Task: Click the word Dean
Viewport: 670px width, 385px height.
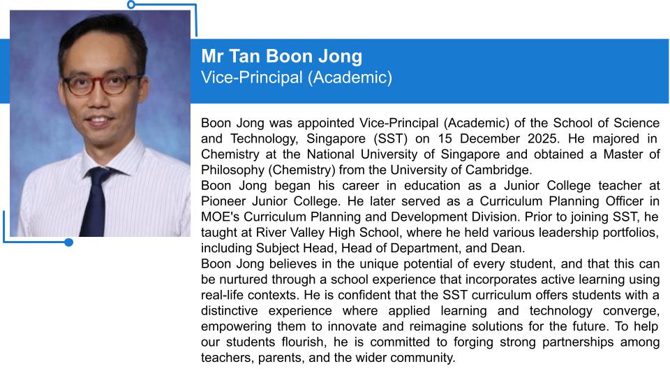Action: pos(508,247)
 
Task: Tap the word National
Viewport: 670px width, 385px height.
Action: pos(327,154)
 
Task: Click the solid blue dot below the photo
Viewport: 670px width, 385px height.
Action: pos(68,242)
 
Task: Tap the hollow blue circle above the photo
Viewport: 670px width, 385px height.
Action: pos(131,4)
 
